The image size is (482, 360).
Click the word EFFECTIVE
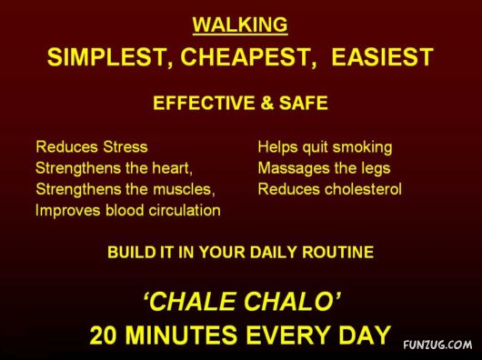point(200,104)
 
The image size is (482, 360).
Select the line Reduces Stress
point(91,146)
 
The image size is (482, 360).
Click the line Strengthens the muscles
point(125,189)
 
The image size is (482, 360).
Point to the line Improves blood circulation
point(128,210)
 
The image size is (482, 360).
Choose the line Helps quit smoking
point(325,146)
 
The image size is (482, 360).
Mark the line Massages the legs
point(324,168)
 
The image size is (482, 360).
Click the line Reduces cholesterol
point(329,189)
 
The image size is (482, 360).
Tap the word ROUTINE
point(336,254)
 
